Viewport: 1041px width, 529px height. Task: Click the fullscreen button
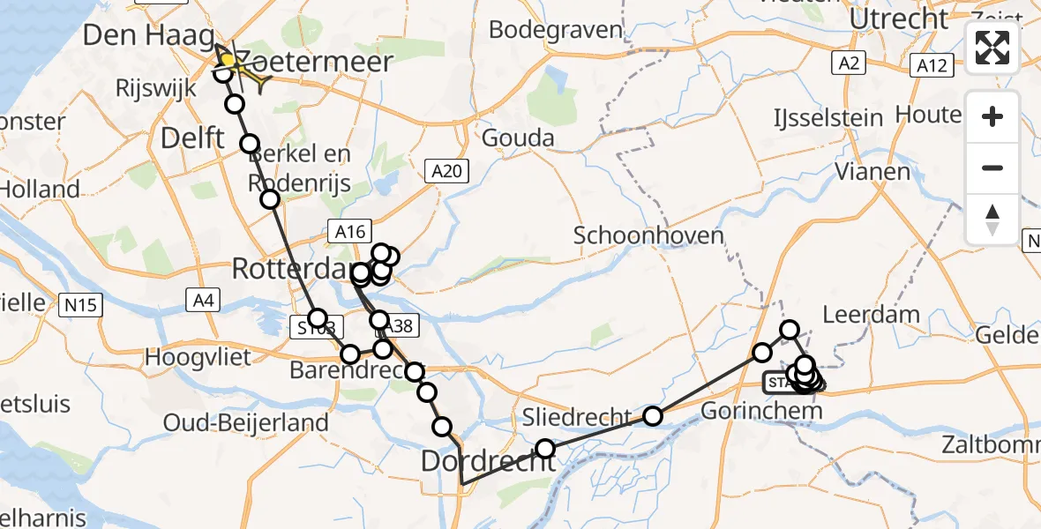click(x=992, y=48)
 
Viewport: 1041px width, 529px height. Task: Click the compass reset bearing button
click(x=992, y=220)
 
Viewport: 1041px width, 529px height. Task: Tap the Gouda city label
click(x=518, y=138)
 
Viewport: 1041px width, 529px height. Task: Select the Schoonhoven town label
click(x=636, y=235)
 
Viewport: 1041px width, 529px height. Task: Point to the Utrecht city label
click(x=899, y=18)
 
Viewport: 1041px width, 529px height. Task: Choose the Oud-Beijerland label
click(x=246, y=422)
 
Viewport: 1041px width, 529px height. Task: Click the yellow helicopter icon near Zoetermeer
click(x=240, y=70)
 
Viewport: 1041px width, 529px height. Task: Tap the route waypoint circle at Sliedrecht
click(x=652, y=415)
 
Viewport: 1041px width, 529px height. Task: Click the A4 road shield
click(x=202, y=301)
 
